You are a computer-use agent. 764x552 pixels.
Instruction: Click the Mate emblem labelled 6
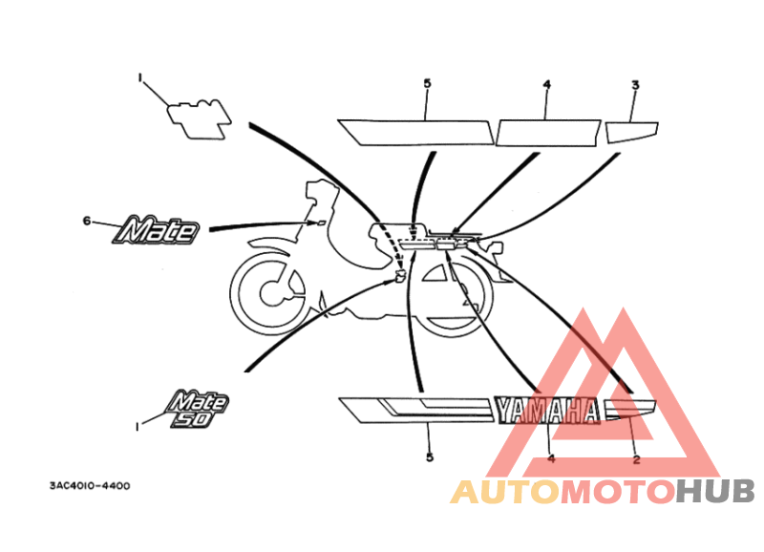[x=156, y=230]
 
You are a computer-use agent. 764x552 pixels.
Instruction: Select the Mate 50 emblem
[x=197, y=409]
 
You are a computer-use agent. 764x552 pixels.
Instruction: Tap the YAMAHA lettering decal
[x=547, y=411]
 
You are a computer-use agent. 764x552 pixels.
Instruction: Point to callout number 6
[x=87, y=222]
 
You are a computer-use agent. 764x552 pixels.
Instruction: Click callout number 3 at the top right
[x=635, y=85]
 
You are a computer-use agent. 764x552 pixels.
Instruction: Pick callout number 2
[x=636, y=459]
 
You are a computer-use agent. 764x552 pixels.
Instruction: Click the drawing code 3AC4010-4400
[x=90, y=486]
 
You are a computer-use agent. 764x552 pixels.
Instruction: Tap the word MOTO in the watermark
[x=617, y=492]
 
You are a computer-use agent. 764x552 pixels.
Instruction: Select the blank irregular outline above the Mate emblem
[x=199, y=119]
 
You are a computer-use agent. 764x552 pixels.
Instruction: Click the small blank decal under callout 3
[x=631, y=132]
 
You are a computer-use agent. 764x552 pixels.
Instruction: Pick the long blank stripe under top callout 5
[x=415, y=133]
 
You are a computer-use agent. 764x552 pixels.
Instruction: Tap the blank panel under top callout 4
[x=548, y=133]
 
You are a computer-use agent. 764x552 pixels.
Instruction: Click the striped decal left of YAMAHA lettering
[x=414, y=411]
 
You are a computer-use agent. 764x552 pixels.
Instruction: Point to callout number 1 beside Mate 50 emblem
[x=138, y=427]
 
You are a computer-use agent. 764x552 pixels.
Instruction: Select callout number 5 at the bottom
[x=429, y=457]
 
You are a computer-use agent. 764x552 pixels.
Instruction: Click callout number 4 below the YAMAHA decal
[x=551, y=459]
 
